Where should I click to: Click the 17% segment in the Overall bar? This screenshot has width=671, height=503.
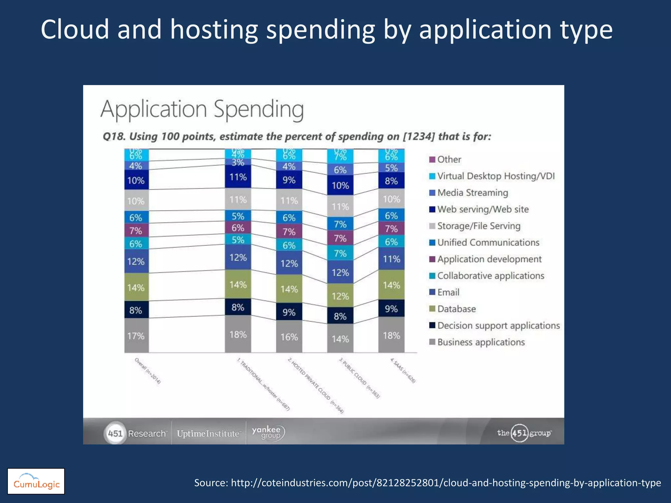pyautogui.click(x=136, y=336)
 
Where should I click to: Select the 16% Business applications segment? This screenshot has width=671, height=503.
pyautogui.click(x=289, y=337)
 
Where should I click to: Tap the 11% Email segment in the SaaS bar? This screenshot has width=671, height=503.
pyautogui.click(x=391, y=259)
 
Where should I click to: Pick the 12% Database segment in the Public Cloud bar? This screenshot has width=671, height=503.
pyautogui.click(x=340, y=296)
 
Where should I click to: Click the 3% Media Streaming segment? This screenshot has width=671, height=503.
pyautogui.click(x=238, y=162)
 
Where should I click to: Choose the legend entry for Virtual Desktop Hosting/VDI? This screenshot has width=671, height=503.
pyautogui.click(x=496, y=176)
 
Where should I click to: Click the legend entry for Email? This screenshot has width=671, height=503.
pyautogui.click(x=448, y=292)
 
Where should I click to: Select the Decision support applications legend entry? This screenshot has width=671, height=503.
pyautogui.click(x=498, y=326)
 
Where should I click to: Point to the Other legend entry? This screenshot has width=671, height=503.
pyautogui.click(x=449, y=159)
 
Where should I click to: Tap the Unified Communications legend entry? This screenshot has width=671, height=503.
pyautogui.click(x=488, y=242)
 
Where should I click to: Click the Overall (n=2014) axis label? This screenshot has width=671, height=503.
pyautogui.click(x=148, y=371)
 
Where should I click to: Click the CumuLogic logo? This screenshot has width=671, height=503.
pyautogui.click(x=36, y=481)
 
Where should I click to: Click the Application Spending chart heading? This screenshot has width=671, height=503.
pyautogui.click(x=202, y=109)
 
